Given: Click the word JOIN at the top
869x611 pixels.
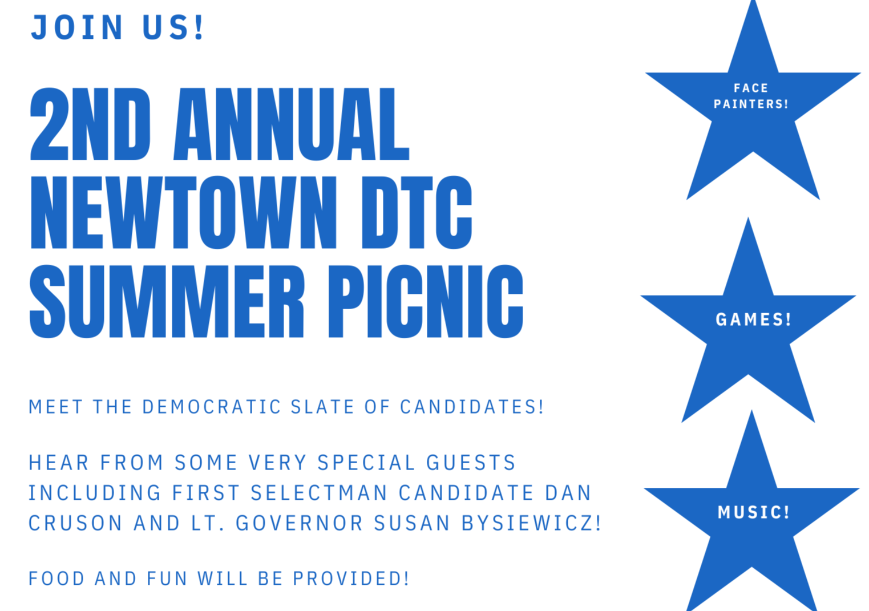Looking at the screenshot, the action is (76, 27).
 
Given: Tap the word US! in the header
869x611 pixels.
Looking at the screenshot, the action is (173, 27).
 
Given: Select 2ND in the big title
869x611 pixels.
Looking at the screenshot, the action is (90, 124).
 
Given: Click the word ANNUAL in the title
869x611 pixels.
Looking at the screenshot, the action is (292, 124).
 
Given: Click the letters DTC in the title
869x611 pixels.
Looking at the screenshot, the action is (417, 213).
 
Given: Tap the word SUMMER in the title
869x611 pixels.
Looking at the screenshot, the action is (167, 301).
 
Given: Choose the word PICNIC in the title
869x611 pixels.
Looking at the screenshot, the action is (426, 301).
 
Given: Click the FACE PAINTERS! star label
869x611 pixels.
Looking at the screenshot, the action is (751, 96).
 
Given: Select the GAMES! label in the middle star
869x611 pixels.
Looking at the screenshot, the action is (753, 319).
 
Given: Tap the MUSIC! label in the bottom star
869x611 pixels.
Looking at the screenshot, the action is (753, 512).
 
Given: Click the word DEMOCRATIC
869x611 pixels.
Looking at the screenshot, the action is (212, 407).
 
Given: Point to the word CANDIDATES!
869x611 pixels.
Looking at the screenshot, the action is (472, 407).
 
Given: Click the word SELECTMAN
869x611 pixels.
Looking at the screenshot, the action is (319, 493).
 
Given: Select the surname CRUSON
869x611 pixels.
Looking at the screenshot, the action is (76, 523).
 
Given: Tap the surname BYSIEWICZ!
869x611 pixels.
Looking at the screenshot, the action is (531, 523).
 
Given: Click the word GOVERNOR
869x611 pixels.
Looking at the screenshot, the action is (299, 523).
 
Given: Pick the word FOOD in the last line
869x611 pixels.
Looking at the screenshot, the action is (56, 578).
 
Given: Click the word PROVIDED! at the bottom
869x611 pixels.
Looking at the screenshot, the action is (351, 578).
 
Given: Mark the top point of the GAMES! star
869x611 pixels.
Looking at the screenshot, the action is (749, 217).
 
